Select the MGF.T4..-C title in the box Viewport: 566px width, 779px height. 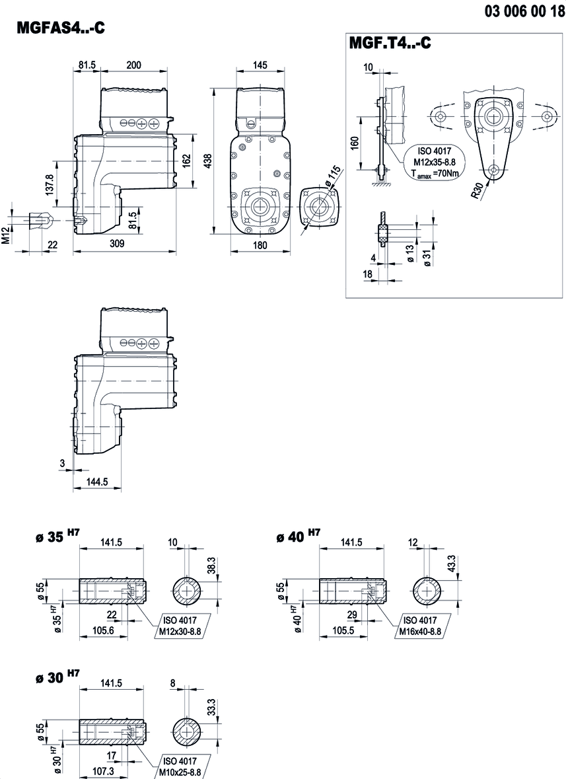click(x=390, y=44)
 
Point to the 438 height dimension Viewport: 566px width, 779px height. click(x=208, y=162)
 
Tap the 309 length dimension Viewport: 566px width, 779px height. click(x=116, y=244)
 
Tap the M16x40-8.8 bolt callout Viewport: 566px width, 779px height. click(x=420, y=631)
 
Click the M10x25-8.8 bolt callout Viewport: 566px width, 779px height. click(x=179, y=771)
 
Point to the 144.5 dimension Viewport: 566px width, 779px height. click(x=97, y=482)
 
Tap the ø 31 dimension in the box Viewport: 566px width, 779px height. click(x=427, y=258)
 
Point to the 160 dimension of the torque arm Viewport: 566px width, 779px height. click(x=355, y=144)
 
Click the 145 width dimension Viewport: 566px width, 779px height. click(x=260, y=65)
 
